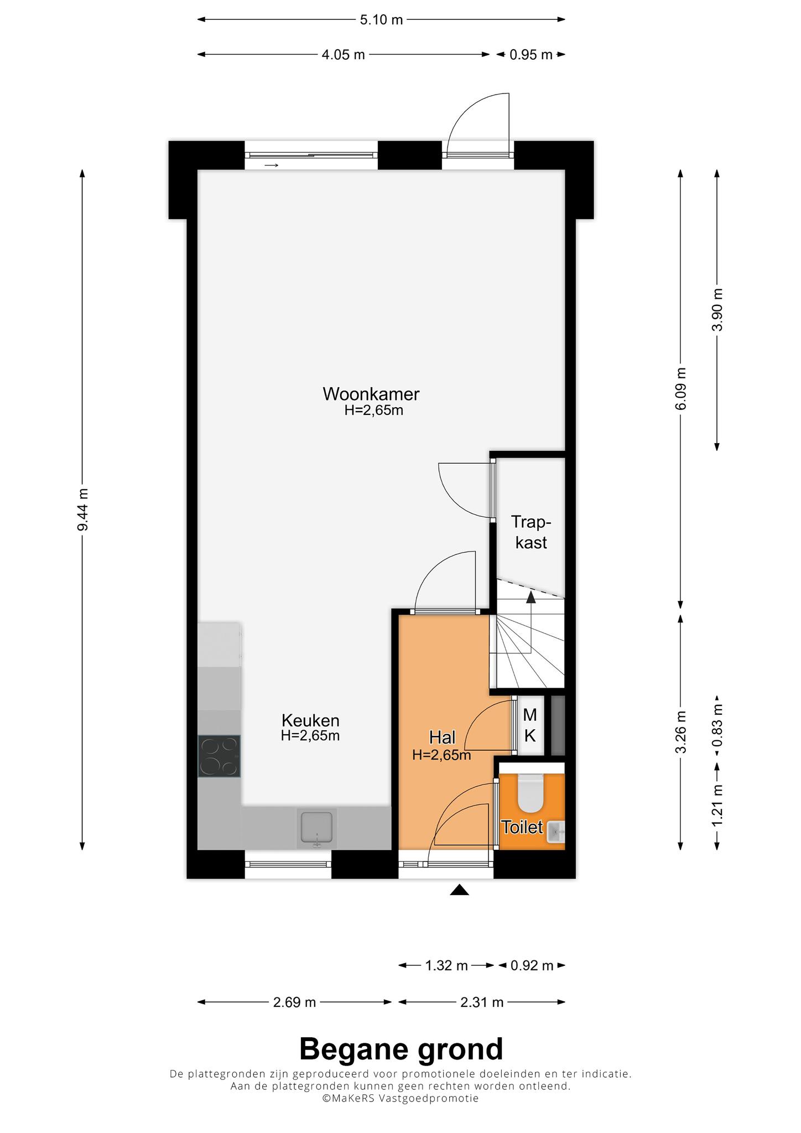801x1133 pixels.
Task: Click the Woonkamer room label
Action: point(371,394)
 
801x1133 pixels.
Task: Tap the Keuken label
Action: point(310,720)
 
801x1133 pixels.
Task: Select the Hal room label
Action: point(443,737)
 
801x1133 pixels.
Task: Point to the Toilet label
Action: point(522,827)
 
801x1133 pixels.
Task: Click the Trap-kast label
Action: point(531,532)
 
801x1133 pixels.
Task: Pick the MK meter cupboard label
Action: point(530,725)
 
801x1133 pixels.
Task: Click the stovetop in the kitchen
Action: point(220,756)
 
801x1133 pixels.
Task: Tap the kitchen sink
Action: point(317,828)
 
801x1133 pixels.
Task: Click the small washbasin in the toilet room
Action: point(555,831)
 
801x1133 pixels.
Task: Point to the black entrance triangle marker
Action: point(459,890)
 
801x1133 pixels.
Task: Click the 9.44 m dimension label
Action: point(82,510)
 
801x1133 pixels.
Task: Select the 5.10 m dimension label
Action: point(382,20)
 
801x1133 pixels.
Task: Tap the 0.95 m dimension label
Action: point(531,54)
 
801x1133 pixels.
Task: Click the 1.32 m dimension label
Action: point(446,966)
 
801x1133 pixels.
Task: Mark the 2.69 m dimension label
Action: point(294,1002)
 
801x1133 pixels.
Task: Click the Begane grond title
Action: point(401,1049)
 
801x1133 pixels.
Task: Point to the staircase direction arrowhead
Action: point(531,596)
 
